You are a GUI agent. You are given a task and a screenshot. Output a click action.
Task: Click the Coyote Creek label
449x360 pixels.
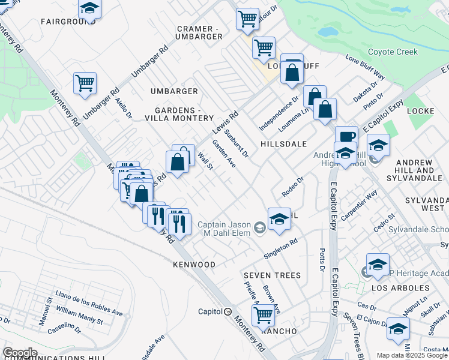[392, 52]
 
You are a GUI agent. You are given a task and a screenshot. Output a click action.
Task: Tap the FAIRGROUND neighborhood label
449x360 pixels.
[65, 21]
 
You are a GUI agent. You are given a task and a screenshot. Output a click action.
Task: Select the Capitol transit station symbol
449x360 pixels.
[228, 311]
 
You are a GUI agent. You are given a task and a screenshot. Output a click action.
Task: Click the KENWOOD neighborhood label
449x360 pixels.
[194, 265]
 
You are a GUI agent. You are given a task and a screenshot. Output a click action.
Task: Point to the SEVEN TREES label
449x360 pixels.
[272, 275]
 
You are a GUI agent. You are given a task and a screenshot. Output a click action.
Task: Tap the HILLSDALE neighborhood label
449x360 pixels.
[283, 144]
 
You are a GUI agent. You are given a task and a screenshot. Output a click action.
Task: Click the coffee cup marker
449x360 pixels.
[346, 136]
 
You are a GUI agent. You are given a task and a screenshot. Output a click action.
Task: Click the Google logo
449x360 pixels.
[19, 353]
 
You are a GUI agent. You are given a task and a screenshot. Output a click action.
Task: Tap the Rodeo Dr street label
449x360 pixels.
[294, 187]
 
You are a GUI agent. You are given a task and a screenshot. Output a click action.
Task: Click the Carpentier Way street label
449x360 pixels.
[360, 203]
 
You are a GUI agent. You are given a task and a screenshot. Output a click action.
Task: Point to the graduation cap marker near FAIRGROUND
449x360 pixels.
[89, 8]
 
